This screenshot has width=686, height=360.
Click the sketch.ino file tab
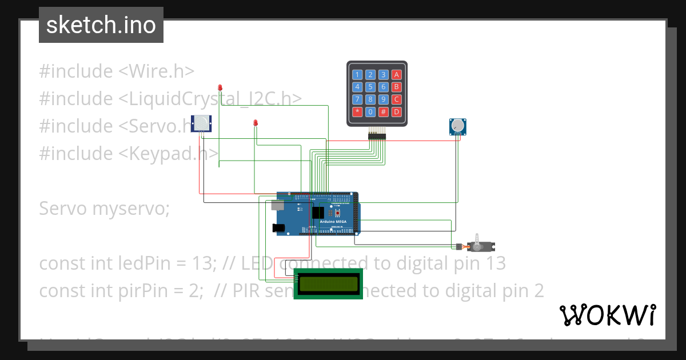coord(101,25)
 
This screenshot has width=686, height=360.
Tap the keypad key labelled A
coord(396,74)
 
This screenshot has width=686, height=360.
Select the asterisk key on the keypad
coord(357,111)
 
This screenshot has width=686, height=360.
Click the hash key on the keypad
coord(384,111)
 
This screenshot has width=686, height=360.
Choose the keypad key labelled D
coord(396,111)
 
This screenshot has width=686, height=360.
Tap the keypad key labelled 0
coord(370,111)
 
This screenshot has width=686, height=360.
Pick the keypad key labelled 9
coord(384,99)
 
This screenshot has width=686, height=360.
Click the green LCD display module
coord(329,283)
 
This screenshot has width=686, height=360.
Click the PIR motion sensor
coord(201,123)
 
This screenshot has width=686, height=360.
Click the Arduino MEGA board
coord(317,214)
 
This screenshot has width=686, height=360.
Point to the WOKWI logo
coord(607,315)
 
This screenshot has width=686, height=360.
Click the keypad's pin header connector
coord(377,135)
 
